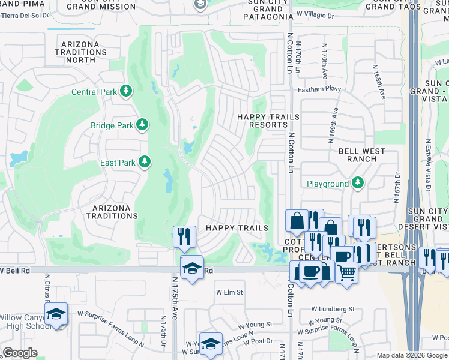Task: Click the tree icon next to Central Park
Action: [126, 91]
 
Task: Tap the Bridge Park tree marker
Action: [142, 125]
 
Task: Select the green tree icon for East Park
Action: [145, 162]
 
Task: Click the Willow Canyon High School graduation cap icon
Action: [56, 314]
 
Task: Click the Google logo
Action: [20, 353]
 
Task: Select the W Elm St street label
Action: [229, 292]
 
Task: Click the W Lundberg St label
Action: [333, 309]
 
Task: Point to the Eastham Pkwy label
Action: [319, 89]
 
